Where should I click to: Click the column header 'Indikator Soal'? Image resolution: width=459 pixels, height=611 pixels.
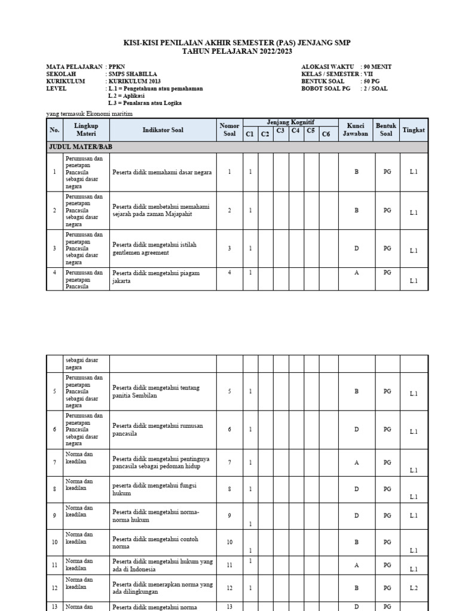point(163,129)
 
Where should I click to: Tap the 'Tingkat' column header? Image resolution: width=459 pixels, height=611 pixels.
point(414,129)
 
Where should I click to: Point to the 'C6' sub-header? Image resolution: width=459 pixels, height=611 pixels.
point(326,134)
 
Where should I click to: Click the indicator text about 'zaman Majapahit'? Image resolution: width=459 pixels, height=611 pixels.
point(161,211)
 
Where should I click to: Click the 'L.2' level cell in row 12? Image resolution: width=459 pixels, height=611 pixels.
point(414,588)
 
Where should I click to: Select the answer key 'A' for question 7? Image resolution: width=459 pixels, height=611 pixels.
point(356,462)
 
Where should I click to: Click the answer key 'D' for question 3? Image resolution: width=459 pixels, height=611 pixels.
point(356,248)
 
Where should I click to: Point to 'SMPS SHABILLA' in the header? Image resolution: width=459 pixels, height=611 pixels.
point(131,74)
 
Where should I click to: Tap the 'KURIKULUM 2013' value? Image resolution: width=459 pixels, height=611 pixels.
point(134,81)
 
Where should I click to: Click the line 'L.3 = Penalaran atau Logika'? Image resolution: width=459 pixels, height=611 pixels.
point(145,103)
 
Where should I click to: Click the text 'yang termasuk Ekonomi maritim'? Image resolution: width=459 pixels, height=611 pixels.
point(89,113)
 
